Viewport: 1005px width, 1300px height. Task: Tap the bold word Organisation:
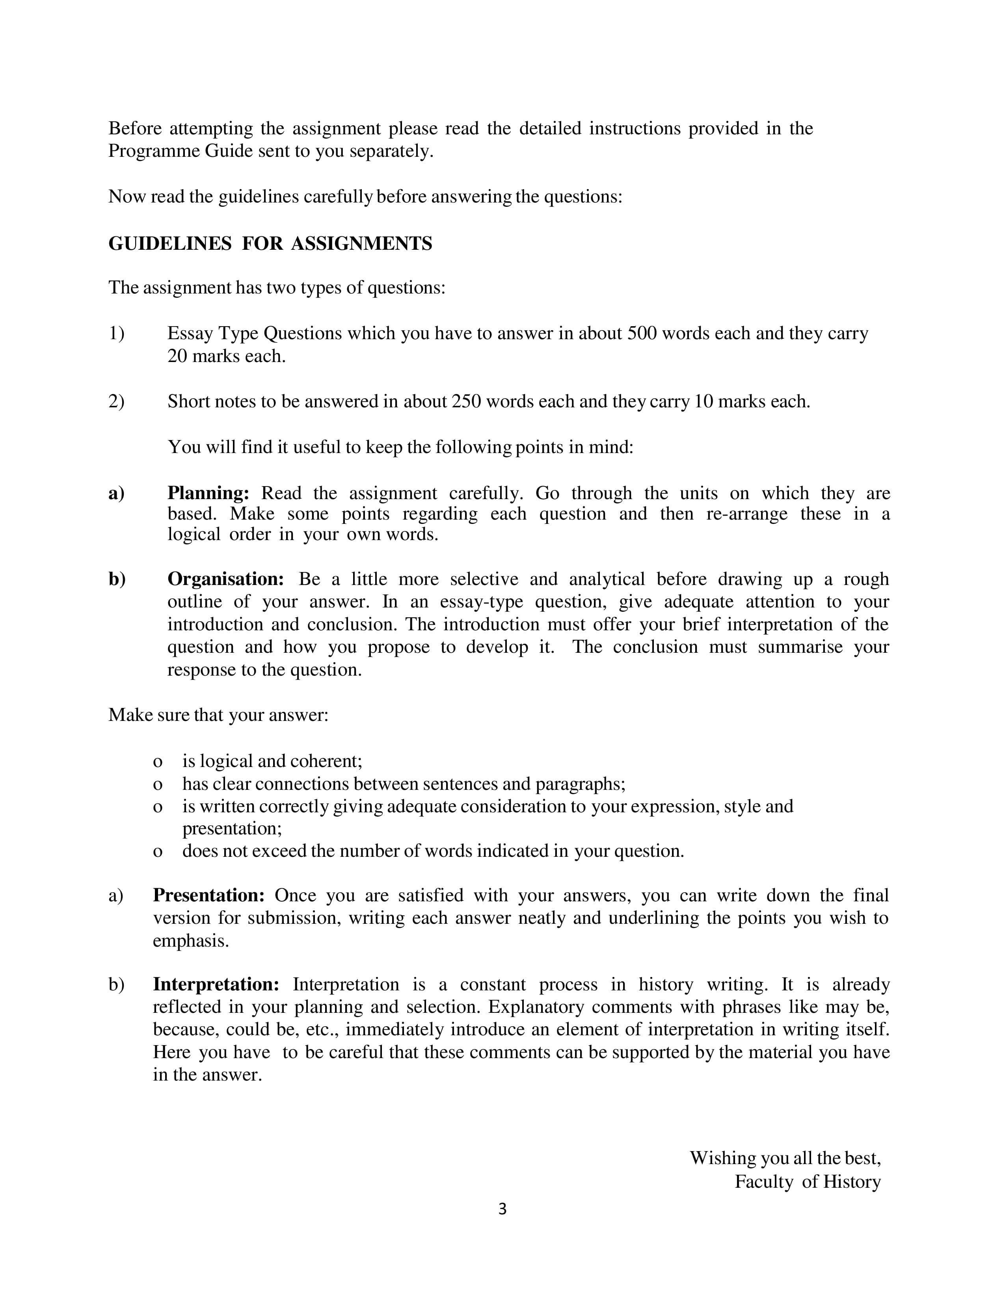pos(226,579)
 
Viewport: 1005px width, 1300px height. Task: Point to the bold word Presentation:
pos(208,895)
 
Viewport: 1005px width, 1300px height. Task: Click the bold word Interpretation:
pos(216,984)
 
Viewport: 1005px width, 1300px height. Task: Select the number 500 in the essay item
pos(642,333)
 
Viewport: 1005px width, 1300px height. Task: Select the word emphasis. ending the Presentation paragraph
pos(190,941)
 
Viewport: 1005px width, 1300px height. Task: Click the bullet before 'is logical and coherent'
pos(158,762)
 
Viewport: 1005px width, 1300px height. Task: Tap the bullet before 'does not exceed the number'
pos(158,852)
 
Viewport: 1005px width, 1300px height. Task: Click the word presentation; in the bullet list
pos(232,828)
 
